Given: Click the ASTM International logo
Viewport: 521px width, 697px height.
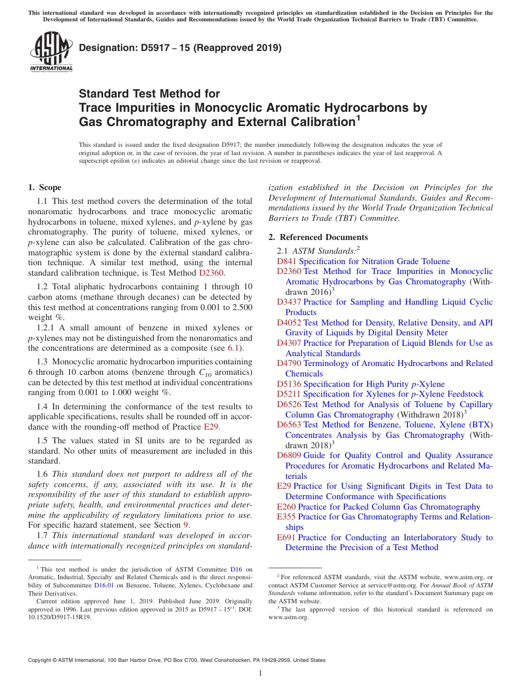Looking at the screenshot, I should [x=50, y=51].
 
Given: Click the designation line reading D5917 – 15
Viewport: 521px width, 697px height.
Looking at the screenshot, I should [x=180, y=48].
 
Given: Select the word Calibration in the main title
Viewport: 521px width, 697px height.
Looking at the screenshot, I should [x=318, y=122].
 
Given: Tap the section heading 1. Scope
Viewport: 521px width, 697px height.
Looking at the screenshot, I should [x=45, y=187].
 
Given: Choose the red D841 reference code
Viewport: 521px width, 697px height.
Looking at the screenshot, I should [x=287, y=261].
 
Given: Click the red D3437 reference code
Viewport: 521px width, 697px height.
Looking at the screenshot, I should [x=289, y=302].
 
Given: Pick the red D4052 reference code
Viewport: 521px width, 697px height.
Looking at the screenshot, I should [x=289, y=323].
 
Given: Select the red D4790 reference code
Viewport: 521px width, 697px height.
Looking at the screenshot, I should [x=289, y=363].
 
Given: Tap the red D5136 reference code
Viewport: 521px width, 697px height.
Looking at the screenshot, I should [x=289, y=384].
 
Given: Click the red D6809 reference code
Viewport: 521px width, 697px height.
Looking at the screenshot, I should [x=289, y=455].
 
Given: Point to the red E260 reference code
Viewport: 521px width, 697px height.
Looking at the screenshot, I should [x=286, y=507].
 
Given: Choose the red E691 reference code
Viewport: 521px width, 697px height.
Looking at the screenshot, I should [x=286, y=538].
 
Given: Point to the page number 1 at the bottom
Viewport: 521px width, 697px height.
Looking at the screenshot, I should [x=260, y=673].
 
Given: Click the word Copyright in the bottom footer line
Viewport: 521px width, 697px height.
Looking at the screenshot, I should [x=41, y=660].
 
